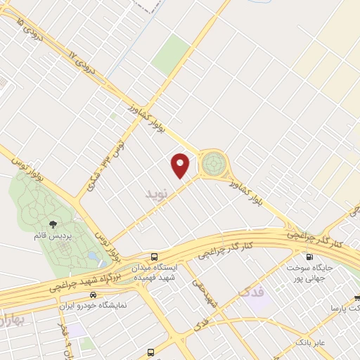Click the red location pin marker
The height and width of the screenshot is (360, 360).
[181, 165]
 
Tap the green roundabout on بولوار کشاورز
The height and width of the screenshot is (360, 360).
[214, 165]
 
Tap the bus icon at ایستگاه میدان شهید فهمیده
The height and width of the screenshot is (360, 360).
[153, 257]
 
